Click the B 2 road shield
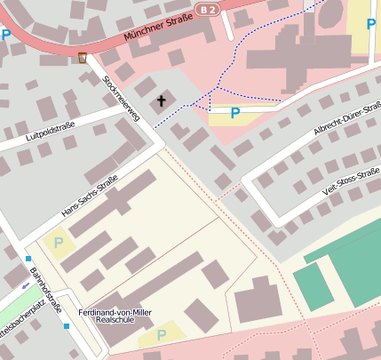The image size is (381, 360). (x=207, y=9)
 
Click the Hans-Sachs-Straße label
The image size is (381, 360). (x=90, y=199)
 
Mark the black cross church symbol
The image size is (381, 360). (x=162, y=100)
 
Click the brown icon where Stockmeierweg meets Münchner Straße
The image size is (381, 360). (x=83, y=58)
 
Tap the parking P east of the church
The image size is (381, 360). (x=235, y=113)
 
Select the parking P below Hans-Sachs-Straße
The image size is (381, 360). (x=59, y=242)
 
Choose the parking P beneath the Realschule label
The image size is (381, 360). (x=161, y=335)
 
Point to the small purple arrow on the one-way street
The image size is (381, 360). (x=24, y=285)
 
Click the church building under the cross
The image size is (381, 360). (x=168, y=95)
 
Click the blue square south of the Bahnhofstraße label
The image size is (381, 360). (x=67, y=325)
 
